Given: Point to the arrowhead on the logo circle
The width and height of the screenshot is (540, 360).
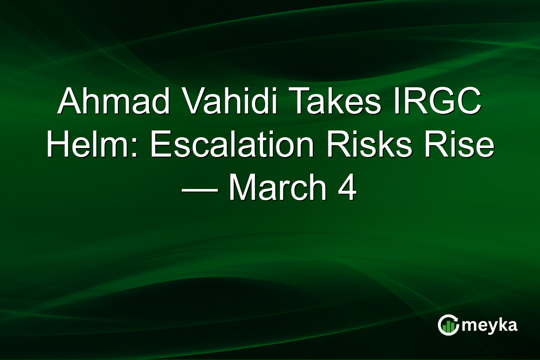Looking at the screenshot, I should point(457,319).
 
